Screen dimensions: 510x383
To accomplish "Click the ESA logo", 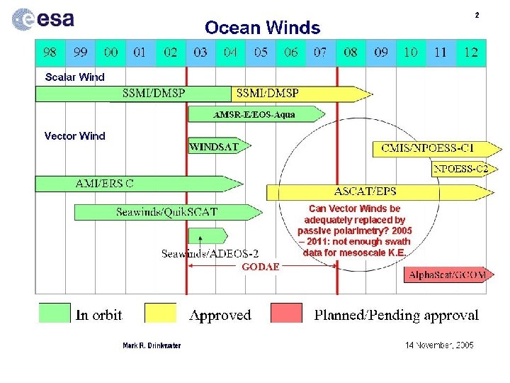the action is tap(42, 19).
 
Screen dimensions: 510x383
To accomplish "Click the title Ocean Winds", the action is tap(262, 28).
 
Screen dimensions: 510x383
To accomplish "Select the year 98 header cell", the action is tap(50, 52).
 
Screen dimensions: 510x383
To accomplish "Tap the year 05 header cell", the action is tap(261, 52).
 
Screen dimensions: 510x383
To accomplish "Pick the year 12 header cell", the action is tap(471, 52).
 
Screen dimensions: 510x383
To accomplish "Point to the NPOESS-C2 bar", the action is tap(460, 169).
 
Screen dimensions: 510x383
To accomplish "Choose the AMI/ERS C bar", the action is tap(135, 184).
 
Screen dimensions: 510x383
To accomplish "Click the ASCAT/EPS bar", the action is tap(375, 191).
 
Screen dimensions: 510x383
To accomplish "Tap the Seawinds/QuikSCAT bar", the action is tap(166, 211).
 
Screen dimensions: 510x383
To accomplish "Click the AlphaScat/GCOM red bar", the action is tap(446, 274).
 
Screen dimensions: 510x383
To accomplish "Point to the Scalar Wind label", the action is tap(74, 77).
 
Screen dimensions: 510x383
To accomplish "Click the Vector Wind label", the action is tap(74, 136).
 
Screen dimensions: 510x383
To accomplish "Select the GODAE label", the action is tap(261, 267).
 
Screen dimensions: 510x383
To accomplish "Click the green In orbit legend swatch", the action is tap(55, 313).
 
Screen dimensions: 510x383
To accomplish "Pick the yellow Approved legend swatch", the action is tap(160, 313).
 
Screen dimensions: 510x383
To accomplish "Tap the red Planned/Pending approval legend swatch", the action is tap(286, 313).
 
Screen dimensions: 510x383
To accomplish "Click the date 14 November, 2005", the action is tap(439, 345).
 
